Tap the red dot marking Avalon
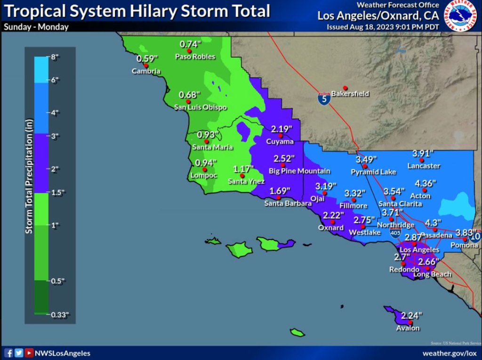[411, 322]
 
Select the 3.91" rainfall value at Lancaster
[423, 153]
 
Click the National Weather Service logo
[462, 16]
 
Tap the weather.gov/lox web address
[450, 353]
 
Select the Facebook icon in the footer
[8, 353]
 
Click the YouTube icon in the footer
[29, 353]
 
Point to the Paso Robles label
[195, 57]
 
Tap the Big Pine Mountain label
[299, 171]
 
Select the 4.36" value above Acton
[426, 183]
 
